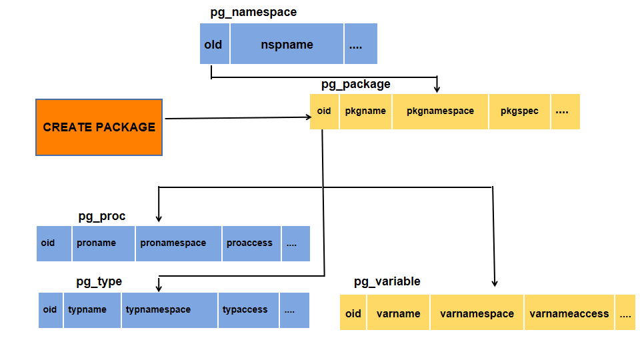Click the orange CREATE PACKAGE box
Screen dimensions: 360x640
[x=99, y=127]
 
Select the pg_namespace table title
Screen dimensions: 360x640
[x=253, y=12]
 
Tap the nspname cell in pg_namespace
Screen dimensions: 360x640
[x=287, y=45]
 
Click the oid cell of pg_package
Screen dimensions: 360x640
[x=324, y=111]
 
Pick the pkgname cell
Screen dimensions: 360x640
[x=365, y=111]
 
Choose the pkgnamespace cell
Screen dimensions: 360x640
[x=440, y=111]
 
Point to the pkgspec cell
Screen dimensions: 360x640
[x=519, y=111]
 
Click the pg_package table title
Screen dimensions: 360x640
[x=356, y=84]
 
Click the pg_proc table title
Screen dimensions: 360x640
[x=101, y=216]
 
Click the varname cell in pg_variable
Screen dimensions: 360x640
[x=398, y=313]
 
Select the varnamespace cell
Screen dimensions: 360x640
[x=477, y=313]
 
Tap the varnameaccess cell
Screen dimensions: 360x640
[x=569, y=313]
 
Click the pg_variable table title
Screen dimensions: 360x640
[x=387, y=281]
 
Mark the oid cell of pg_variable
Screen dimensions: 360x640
[x=353, y=313]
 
